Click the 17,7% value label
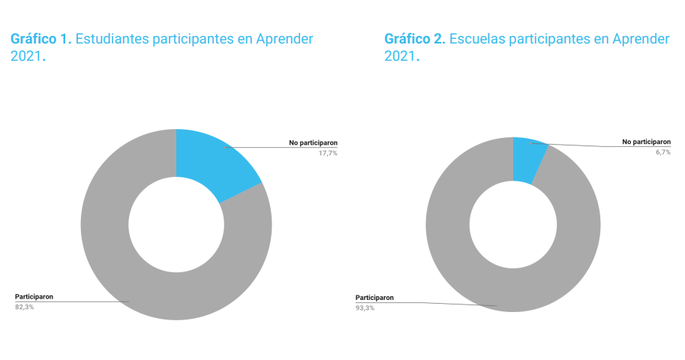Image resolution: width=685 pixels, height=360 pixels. pyautogui.click(x=326, y=153)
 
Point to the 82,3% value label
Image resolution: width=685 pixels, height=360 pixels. pyautogui.click(x=24, y=307)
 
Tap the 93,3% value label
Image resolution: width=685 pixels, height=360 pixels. pyautogui.click(x=365, y=307)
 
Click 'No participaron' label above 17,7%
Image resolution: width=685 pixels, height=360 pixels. pyautogui.click(x=313, y=142)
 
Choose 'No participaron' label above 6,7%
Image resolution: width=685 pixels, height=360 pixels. pyautogui.click(x=646, y=142)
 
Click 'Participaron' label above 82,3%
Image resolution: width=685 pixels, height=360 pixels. pyautogui.click(x=34, y=296)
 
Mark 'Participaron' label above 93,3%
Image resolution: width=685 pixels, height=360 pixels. pyautogui.click(x=374, y=297)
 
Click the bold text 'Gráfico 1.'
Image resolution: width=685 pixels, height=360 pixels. pyautogui.click(x=41, y=39)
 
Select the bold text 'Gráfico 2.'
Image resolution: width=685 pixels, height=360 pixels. pyautogui.click(x=414, y=39)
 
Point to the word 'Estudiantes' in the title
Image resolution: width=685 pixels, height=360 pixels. pyautogui.click(x=112, y=39)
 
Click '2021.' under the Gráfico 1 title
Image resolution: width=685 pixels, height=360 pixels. pyautogui.click(x=29, y=56)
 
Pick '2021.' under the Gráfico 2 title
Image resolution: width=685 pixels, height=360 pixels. pyautogui.click(x=402, y=56)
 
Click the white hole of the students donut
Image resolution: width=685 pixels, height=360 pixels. pyautogui.click(x=176, y=224)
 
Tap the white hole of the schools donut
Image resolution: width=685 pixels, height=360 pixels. pyautogui.click(x=513, y=224)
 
